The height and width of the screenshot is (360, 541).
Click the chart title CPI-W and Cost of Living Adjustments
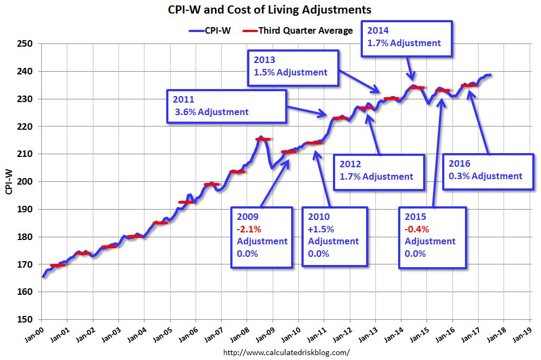point(270,10)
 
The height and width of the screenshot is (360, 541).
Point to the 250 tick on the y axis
point(26,44)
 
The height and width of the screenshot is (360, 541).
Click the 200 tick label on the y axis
point(26,182)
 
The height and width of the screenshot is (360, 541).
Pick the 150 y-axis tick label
point(26,320)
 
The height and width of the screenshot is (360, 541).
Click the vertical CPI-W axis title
point(9,182)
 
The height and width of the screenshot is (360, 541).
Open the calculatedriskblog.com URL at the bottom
point(287,352)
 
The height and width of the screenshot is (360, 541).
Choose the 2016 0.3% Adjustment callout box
point(487,170)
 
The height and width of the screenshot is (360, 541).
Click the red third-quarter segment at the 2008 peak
point(263,139)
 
